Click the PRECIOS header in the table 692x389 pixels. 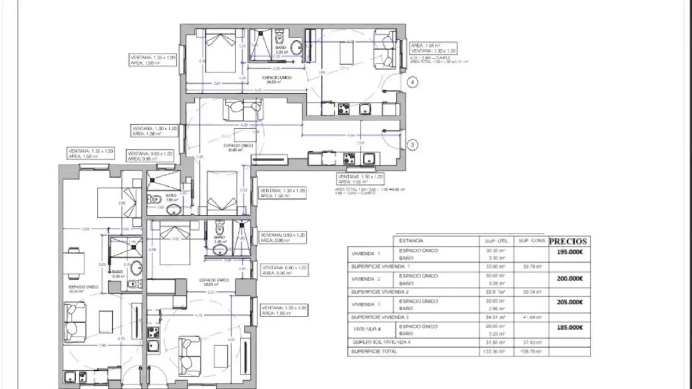tap(568, 241)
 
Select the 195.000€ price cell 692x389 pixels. tap(569, 252)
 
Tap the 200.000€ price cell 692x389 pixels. tap(569, 278)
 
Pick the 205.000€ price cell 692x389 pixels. tap(569, 302)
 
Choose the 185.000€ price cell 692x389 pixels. tap(569, 327)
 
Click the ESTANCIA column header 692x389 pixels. tap(411, 241)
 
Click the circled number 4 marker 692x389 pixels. tap(412, 82)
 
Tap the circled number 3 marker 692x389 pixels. tap(412, 145)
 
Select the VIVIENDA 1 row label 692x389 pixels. tap(366, 254)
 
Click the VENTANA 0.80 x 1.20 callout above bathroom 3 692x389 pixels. tap(150, 156)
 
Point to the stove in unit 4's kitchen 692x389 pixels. tap(343, 109)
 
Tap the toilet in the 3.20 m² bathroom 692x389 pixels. tap(279, 37)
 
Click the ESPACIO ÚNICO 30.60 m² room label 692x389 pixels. tap(238, 148)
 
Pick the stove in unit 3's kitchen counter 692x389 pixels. tap(349, 158)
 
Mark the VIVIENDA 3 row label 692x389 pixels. tap(366, 304)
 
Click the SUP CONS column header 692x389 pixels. tap(532, 241)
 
